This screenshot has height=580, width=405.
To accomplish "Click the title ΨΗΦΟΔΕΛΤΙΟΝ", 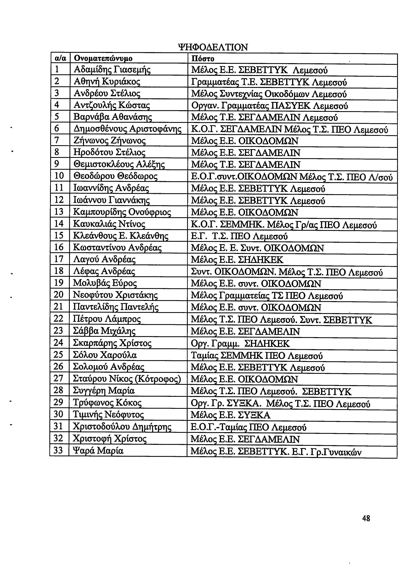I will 213,47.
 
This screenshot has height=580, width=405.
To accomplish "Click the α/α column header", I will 60,59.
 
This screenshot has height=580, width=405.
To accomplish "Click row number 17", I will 59,259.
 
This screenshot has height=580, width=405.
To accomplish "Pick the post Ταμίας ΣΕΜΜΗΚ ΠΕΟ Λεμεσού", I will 257,356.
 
